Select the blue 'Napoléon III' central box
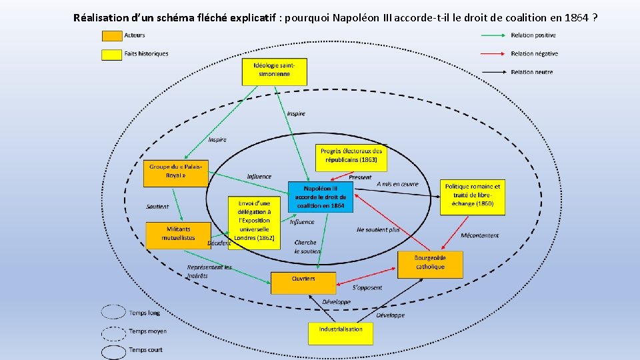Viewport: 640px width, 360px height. pyautogui.click(x=321, y=197)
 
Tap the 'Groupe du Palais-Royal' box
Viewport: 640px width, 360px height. pyautogui.click(x=175, y=173)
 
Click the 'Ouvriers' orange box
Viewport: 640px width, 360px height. pyautogui.click(x=303, y=283)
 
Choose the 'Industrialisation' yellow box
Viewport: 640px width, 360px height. pyautogui.click(x=341, y=333)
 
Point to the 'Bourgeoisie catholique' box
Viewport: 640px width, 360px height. pyautogui.click(x=430, y=264)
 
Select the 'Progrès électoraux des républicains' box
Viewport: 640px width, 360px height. pyautogui.click(x=351, y=157)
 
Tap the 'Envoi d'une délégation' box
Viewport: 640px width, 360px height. pyautogui.click(x=254, y=223)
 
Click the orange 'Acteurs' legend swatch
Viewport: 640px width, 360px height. pyautogui.click(x=112, y=36)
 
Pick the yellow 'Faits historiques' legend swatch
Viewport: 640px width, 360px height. pyautogui.click(x=112, y=54)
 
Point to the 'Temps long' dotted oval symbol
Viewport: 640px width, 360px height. pyautogui.click(x=113, y=312)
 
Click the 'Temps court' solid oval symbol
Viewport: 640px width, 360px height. pyautogui.click(x=113, y=350)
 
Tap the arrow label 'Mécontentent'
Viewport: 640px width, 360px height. pyautogui.click(x=479, y=235)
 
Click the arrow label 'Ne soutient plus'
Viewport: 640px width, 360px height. pyautogui.click(x=378, y=229)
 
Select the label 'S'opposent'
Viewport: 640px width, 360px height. pyautogui.click(x=367, y=287)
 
